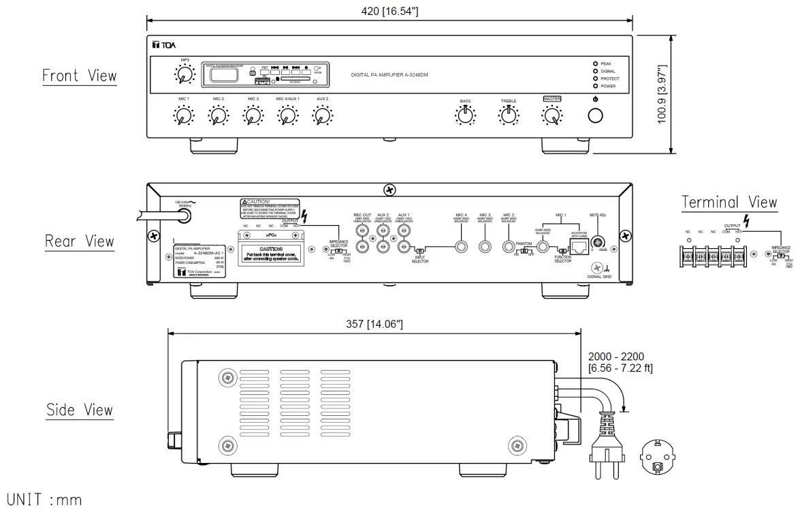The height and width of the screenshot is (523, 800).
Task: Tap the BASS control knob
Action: coord(465,117)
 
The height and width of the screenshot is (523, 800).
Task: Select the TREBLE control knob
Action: coord(509,117)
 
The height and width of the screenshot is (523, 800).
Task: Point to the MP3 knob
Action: coord(183,76)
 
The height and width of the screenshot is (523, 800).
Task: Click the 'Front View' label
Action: coord(79,76)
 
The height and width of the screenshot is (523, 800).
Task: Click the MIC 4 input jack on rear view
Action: coord(462,247)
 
